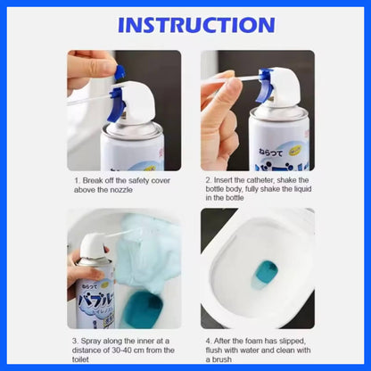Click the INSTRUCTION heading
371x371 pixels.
click(x=185, y=24)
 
